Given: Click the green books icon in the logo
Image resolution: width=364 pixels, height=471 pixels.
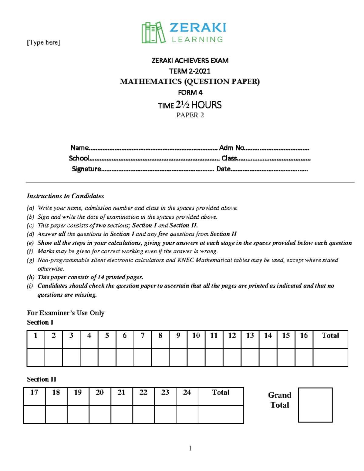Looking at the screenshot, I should coord(153,32).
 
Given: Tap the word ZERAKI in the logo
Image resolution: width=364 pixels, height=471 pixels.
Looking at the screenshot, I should coord(197,28).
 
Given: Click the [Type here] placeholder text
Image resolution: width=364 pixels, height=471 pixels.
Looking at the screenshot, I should coord(43,42).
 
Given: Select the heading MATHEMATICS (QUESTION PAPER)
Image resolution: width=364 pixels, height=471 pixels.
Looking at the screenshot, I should coord(190,82).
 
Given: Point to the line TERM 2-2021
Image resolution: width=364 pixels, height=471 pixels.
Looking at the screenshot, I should coord(190,71).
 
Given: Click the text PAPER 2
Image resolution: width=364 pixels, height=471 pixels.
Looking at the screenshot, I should coord(190,115).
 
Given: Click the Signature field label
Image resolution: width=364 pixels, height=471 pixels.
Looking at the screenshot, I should coord(86,169).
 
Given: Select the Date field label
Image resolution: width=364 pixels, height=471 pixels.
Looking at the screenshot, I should coord(224,169).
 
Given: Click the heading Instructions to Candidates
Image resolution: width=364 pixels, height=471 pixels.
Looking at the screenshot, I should coord(66,196).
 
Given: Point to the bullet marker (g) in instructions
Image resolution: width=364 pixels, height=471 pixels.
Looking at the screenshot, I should coord(30,260).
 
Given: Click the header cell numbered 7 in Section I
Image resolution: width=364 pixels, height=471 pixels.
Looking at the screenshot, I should coord(143,336).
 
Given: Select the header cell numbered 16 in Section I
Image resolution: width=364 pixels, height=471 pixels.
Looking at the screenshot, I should coord(304,336).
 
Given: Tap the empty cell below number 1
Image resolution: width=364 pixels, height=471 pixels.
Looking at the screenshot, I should coord(36,357).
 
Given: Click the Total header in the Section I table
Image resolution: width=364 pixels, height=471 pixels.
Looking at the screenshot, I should coord(330,336).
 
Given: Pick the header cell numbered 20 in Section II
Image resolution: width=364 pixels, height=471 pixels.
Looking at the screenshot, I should coord(100,393).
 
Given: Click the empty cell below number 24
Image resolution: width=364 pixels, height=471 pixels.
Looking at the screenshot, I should coord(187,414).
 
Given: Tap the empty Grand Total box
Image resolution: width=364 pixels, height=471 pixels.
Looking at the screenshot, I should coord(315,405).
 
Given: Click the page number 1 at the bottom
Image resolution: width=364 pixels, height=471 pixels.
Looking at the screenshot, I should coord(190,448).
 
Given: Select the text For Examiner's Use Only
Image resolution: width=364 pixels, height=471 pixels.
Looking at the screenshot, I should coord(66,313).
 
